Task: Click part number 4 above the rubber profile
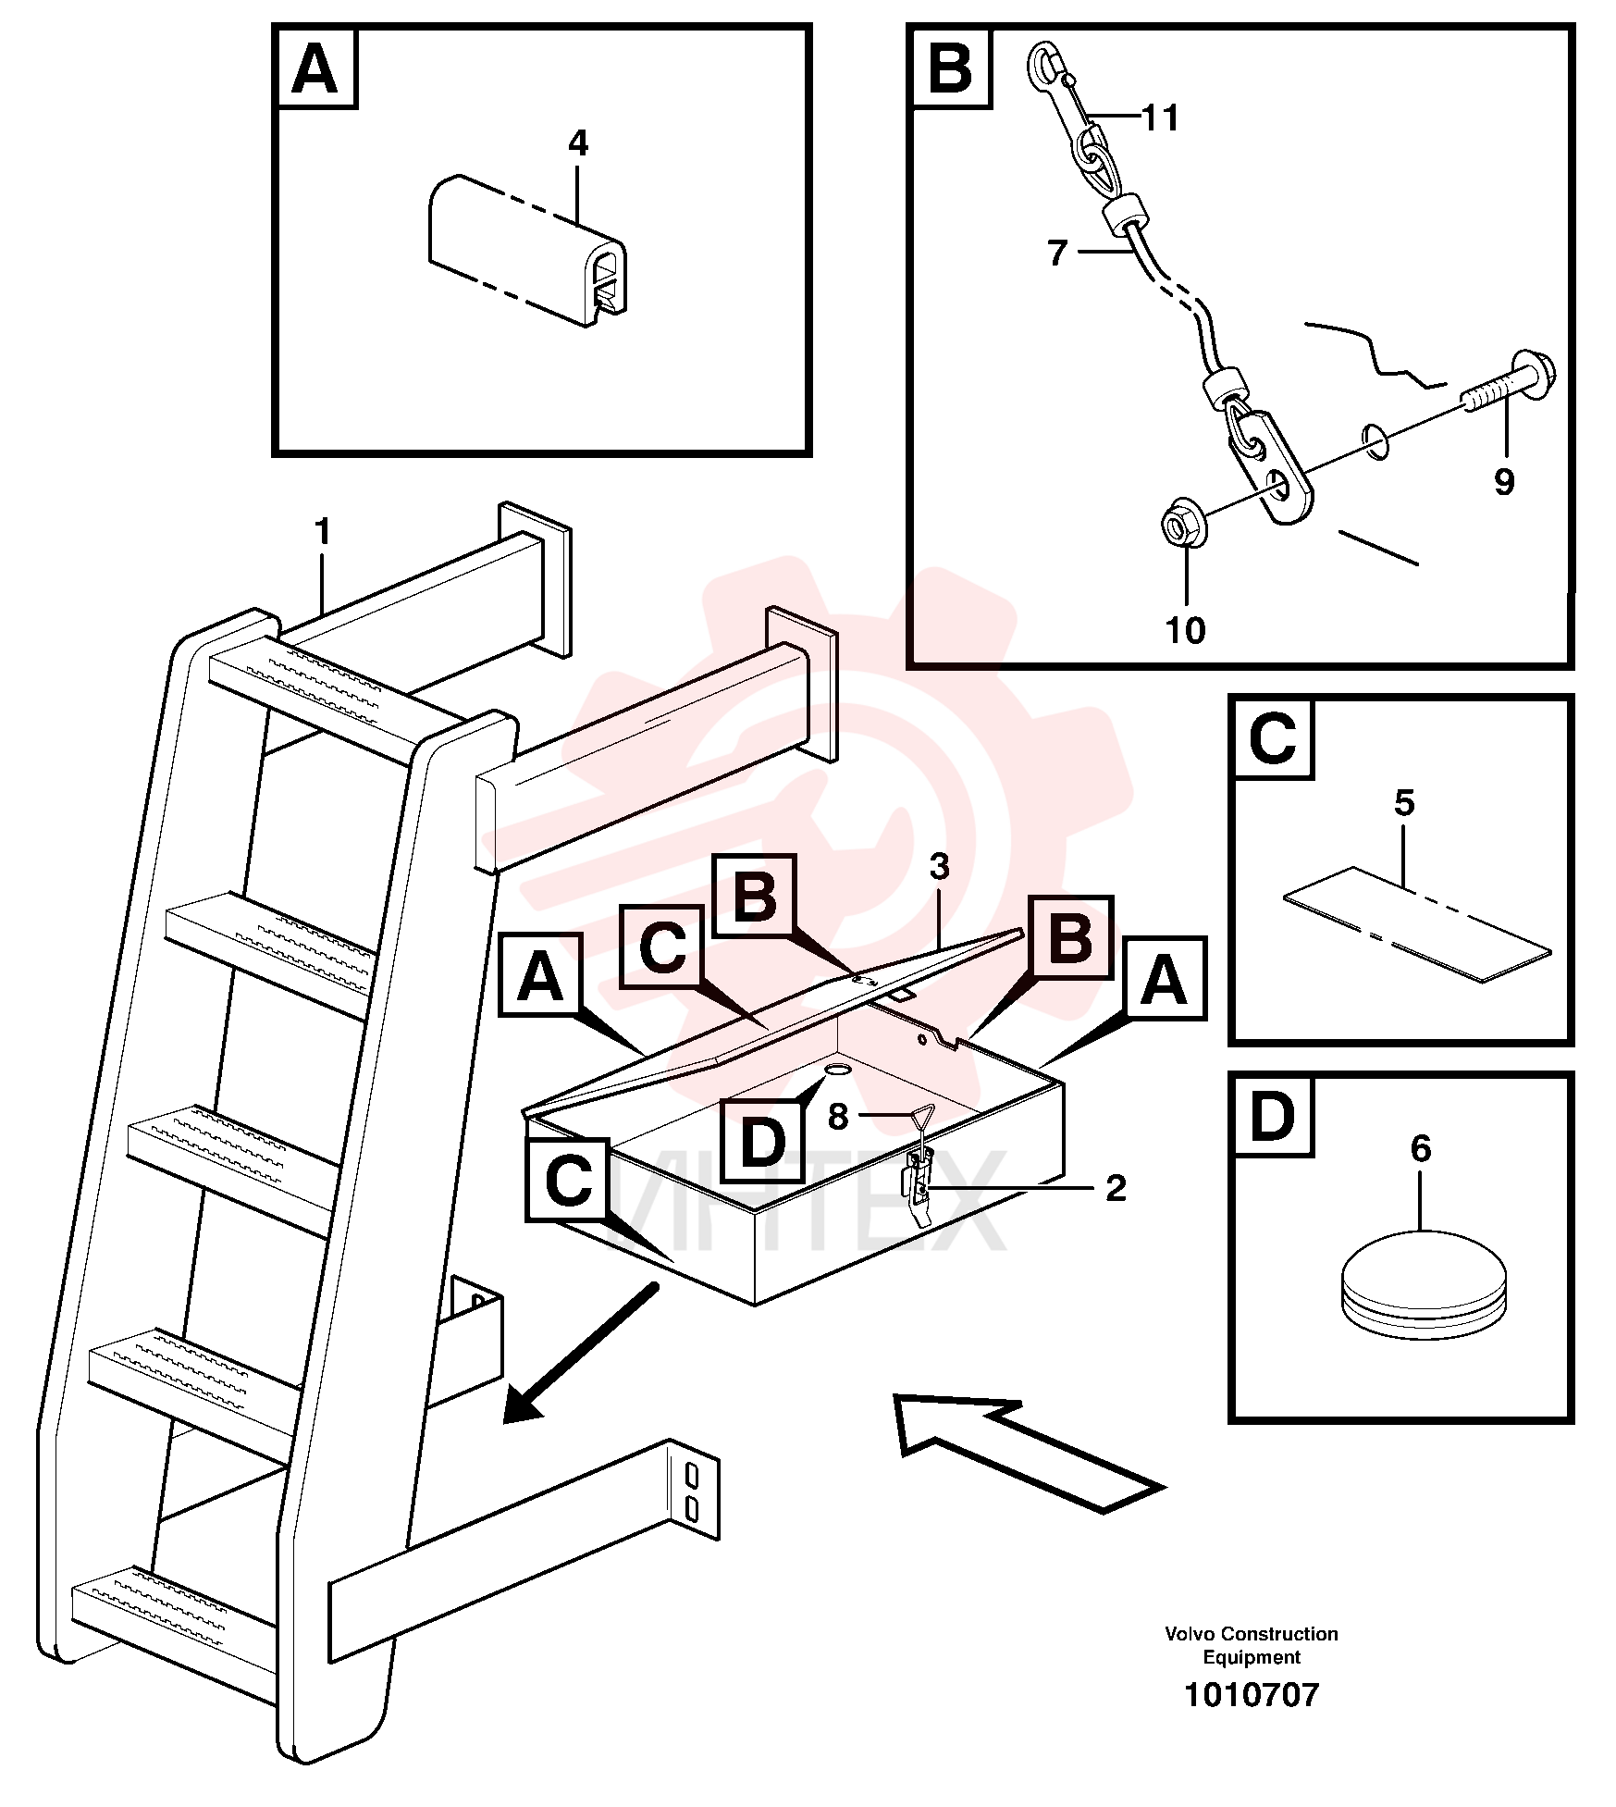[577, 143]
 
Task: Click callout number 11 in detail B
[1161, 118]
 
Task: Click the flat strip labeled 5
[1416, 924]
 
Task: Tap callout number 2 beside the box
[1116, 1189]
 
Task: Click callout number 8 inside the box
[838, 1118]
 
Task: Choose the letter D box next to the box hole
[762, 1141]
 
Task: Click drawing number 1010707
[1252, 1695]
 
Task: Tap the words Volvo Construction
[1252, 1634]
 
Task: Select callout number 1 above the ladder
[322, 532]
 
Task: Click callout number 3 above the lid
[939, 868]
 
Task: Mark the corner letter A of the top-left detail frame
[315, 68]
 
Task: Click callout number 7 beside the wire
[1058, 253]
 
